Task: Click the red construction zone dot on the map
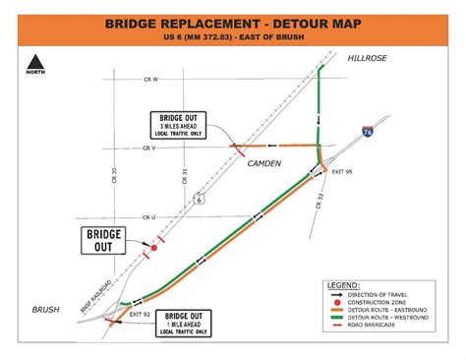pos(153,249)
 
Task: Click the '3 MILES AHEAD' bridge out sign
pos(180,125)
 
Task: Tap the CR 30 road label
pos(114,175)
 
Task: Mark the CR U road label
pos(148,217)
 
